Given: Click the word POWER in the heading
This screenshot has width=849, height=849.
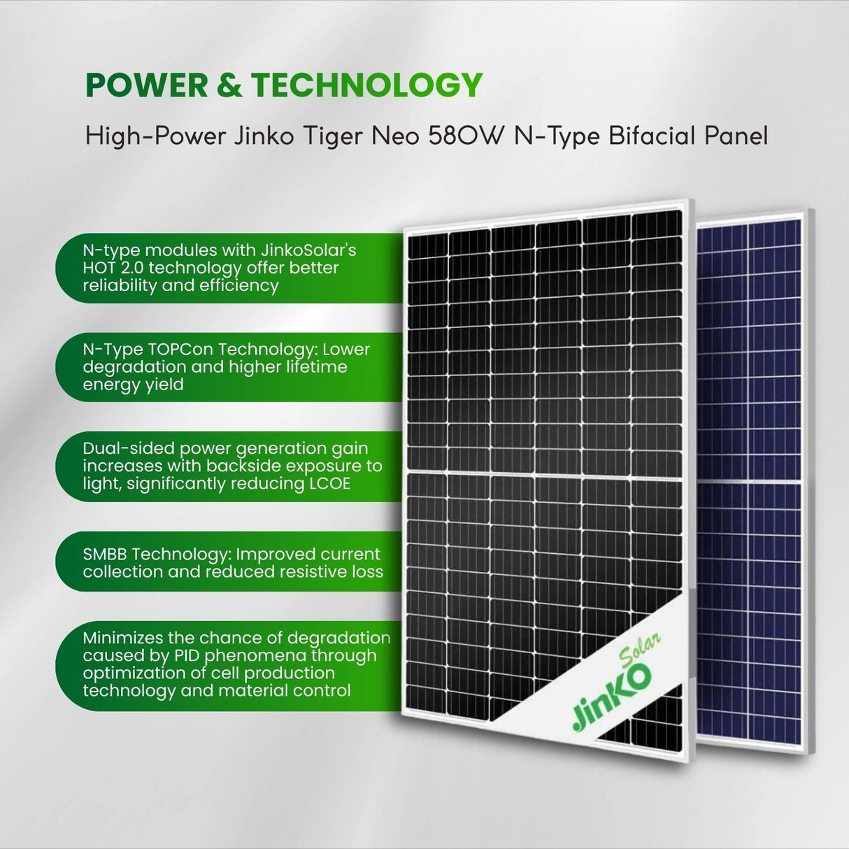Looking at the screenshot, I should click(x=147, y=85).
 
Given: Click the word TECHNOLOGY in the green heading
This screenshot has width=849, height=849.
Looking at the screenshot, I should click(x=366, y=85).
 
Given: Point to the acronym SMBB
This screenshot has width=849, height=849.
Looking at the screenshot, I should click(x=106, y=554).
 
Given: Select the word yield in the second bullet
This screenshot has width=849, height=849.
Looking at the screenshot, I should click(x=164, y=385).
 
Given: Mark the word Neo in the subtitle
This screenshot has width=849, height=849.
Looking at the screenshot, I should click(x=395, y=135).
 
